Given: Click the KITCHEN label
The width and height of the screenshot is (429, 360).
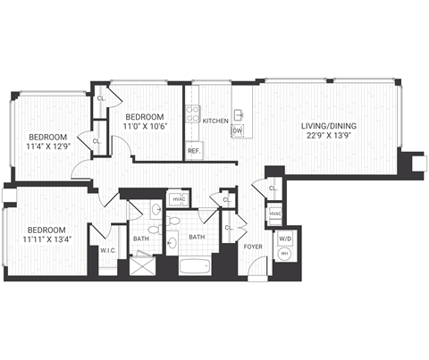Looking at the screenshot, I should coord(215,120).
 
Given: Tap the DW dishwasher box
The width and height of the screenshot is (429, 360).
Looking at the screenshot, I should coord(238,131).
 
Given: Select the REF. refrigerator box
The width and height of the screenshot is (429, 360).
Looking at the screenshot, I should coord(193,151).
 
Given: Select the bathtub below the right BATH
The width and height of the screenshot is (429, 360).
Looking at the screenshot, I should coord(194,265).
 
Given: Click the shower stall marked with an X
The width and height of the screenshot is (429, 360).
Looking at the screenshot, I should coord(141,264).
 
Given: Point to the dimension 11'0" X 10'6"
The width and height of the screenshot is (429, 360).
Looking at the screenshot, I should coord(143,128).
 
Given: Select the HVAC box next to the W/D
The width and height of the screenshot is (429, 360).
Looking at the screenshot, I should coord(275,214).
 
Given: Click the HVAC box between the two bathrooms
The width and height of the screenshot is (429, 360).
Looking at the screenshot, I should coord(178,200).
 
